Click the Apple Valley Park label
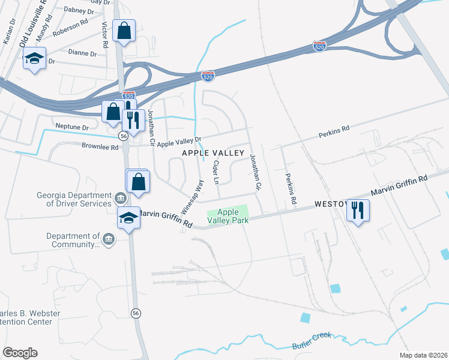coord(228,216)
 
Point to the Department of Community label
coord(73,241)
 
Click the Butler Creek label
coord(312,341)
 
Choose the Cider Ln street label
coord(217,173)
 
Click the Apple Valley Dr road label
coord(178,141)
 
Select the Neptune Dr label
coord(71,127)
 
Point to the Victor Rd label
coord(105,35)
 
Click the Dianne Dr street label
coord(82,53)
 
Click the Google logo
coord(20,353)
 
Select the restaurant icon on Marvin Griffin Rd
coord(358,210)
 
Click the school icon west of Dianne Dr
coord(34,59)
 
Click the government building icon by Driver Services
coord(120,198)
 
